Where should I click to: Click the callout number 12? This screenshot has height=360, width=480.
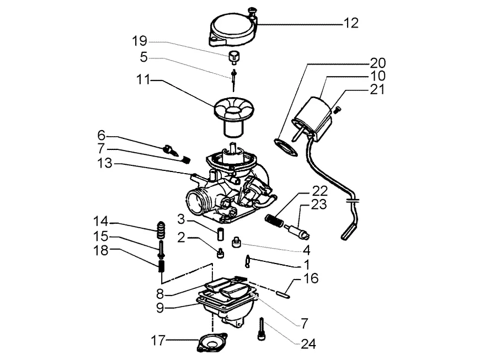click(x=350, y=23)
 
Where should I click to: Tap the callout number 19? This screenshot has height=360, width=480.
click(x=140, y=41)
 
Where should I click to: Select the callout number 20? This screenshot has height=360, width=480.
click(x=378, y=63)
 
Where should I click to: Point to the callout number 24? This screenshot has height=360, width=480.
click(x=308, y=344)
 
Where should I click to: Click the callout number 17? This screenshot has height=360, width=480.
click(x=158, y=340)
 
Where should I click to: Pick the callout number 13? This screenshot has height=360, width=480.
click(x=105, y=163)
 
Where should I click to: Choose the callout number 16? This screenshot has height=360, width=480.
click(x=311, y=278)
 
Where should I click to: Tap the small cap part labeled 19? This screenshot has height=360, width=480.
click(x=234, y=58)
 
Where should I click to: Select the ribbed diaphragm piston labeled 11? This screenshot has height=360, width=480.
click(x=234, y=115)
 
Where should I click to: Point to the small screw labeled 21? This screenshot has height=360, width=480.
click(x=337, y=110)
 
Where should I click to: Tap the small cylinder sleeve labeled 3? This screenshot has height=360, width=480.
click(x=220, y=234)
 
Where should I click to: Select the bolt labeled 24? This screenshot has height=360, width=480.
click(x=261, y=329)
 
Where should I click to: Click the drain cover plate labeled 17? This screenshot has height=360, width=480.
click(x=212, y=343)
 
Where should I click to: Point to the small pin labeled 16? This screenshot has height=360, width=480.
click(x=283, y=294)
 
